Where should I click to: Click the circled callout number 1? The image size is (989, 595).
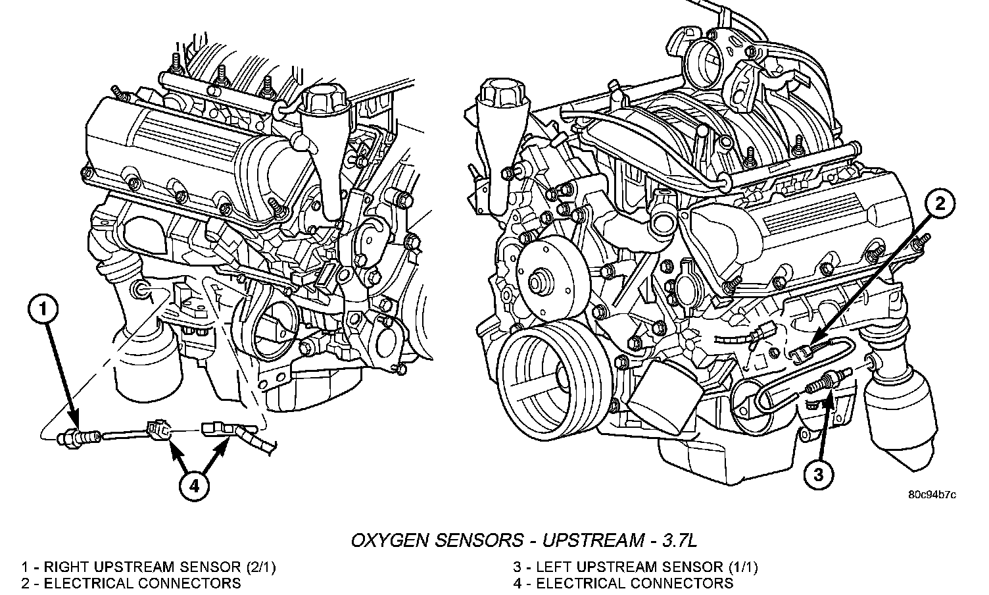click(x=43, y=309)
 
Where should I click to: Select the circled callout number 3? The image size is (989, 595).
click(x=818, y=475)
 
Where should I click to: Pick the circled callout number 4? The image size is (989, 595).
click(x=194, y=486)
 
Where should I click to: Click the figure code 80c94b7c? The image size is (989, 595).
click(x=932, y=495)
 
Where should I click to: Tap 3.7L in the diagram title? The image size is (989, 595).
click(x=679, y=540)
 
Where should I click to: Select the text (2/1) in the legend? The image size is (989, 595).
click(x=261, y=567)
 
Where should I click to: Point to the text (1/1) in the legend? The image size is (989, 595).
click(x=743, y=567)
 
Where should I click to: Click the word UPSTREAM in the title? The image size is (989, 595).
click(x=592, y=540)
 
